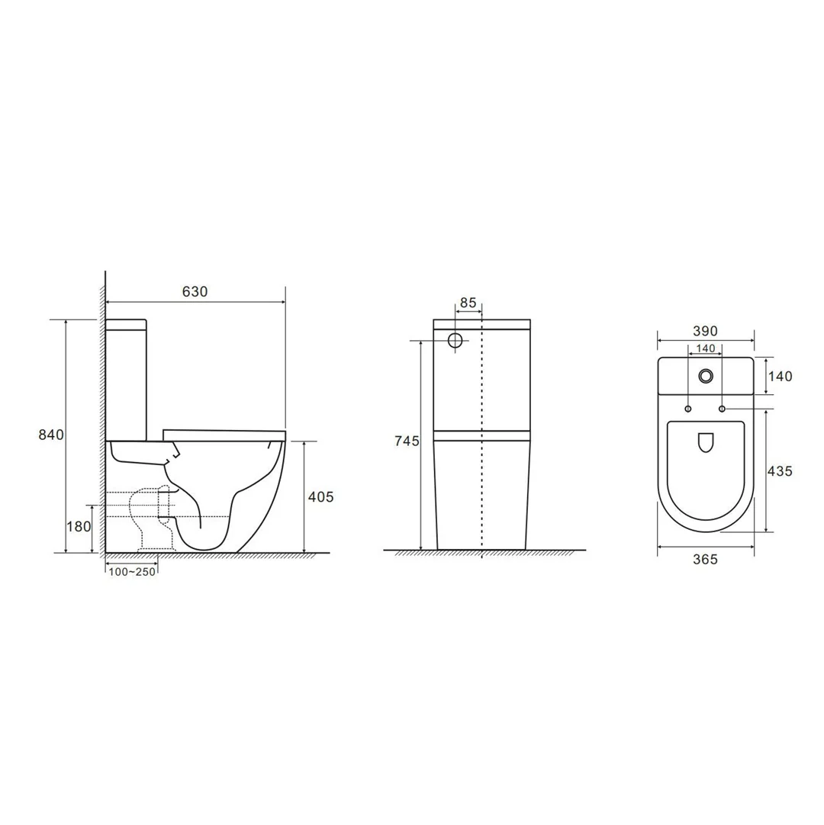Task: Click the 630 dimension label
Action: click(x=195, y=291)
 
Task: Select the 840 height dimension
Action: click(x=51, y=435)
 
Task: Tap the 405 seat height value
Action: click(x=320, y=496)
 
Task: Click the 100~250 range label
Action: click(x=132, y=572)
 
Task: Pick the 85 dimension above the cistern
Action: click(x=468, y=303)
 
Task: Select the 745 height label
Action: click(x=407, y=441)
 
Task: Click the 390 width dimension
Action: click(x=705, y=331)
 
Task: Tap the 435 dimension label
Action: click(x=779, y=470)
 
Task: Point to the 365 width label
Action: click(x=705, y=559)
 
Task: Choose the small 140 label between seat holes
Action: click(x=705, y=348)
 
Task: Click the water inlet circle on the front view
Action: click(x=456, y=340)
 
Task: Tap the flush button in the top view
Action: click(x=706, y=375)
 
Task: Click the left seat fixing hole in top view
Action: click(x=688, y=409)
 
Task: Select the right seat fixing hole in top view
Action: click(x=722, y=409)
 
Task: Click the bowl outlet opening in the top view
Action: click(x=705, y=442)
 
